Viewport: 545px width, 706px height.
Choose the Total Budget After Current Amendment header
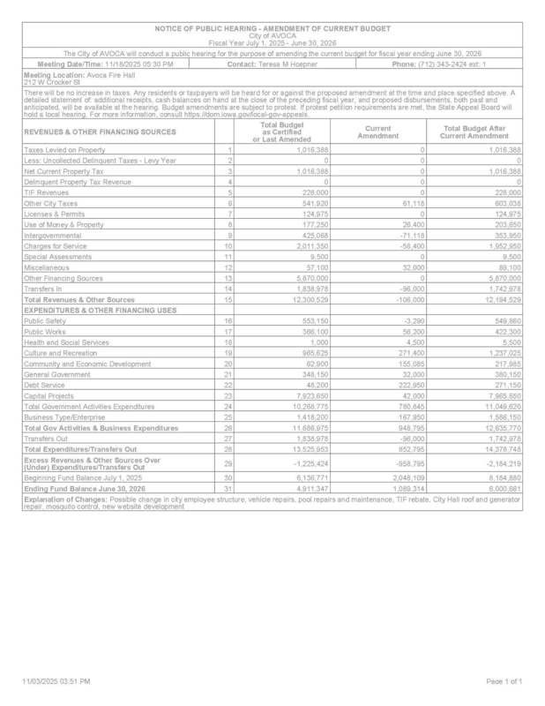[474, 132]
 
